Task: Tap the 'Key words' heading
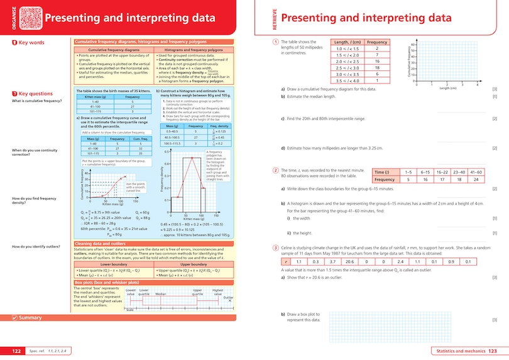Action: tap(31, 43)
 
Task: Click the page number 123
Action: tap(493, 351)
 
